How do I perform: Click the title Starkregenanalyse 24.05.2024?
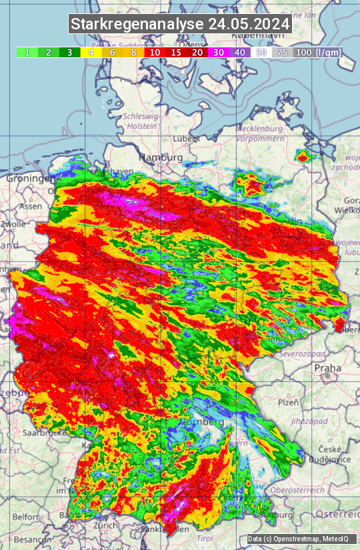[180, 25]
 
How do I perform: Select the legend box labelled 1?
[27, 52]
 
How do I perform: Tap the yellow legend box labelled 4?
[90, 52]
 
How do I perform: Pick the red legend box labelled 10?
[155, 52]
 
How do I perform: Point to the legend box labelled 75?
[283, 52]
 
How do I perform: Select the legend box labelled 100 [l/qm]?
[317, 52]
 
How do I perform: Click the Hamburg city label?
[160, 157]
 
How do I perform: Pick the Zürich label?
[106, 525]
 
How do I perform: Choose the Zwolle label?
[13, 224]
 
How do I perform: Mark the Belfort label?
[26, 517]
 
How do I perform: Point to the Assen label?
[31, 207]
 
